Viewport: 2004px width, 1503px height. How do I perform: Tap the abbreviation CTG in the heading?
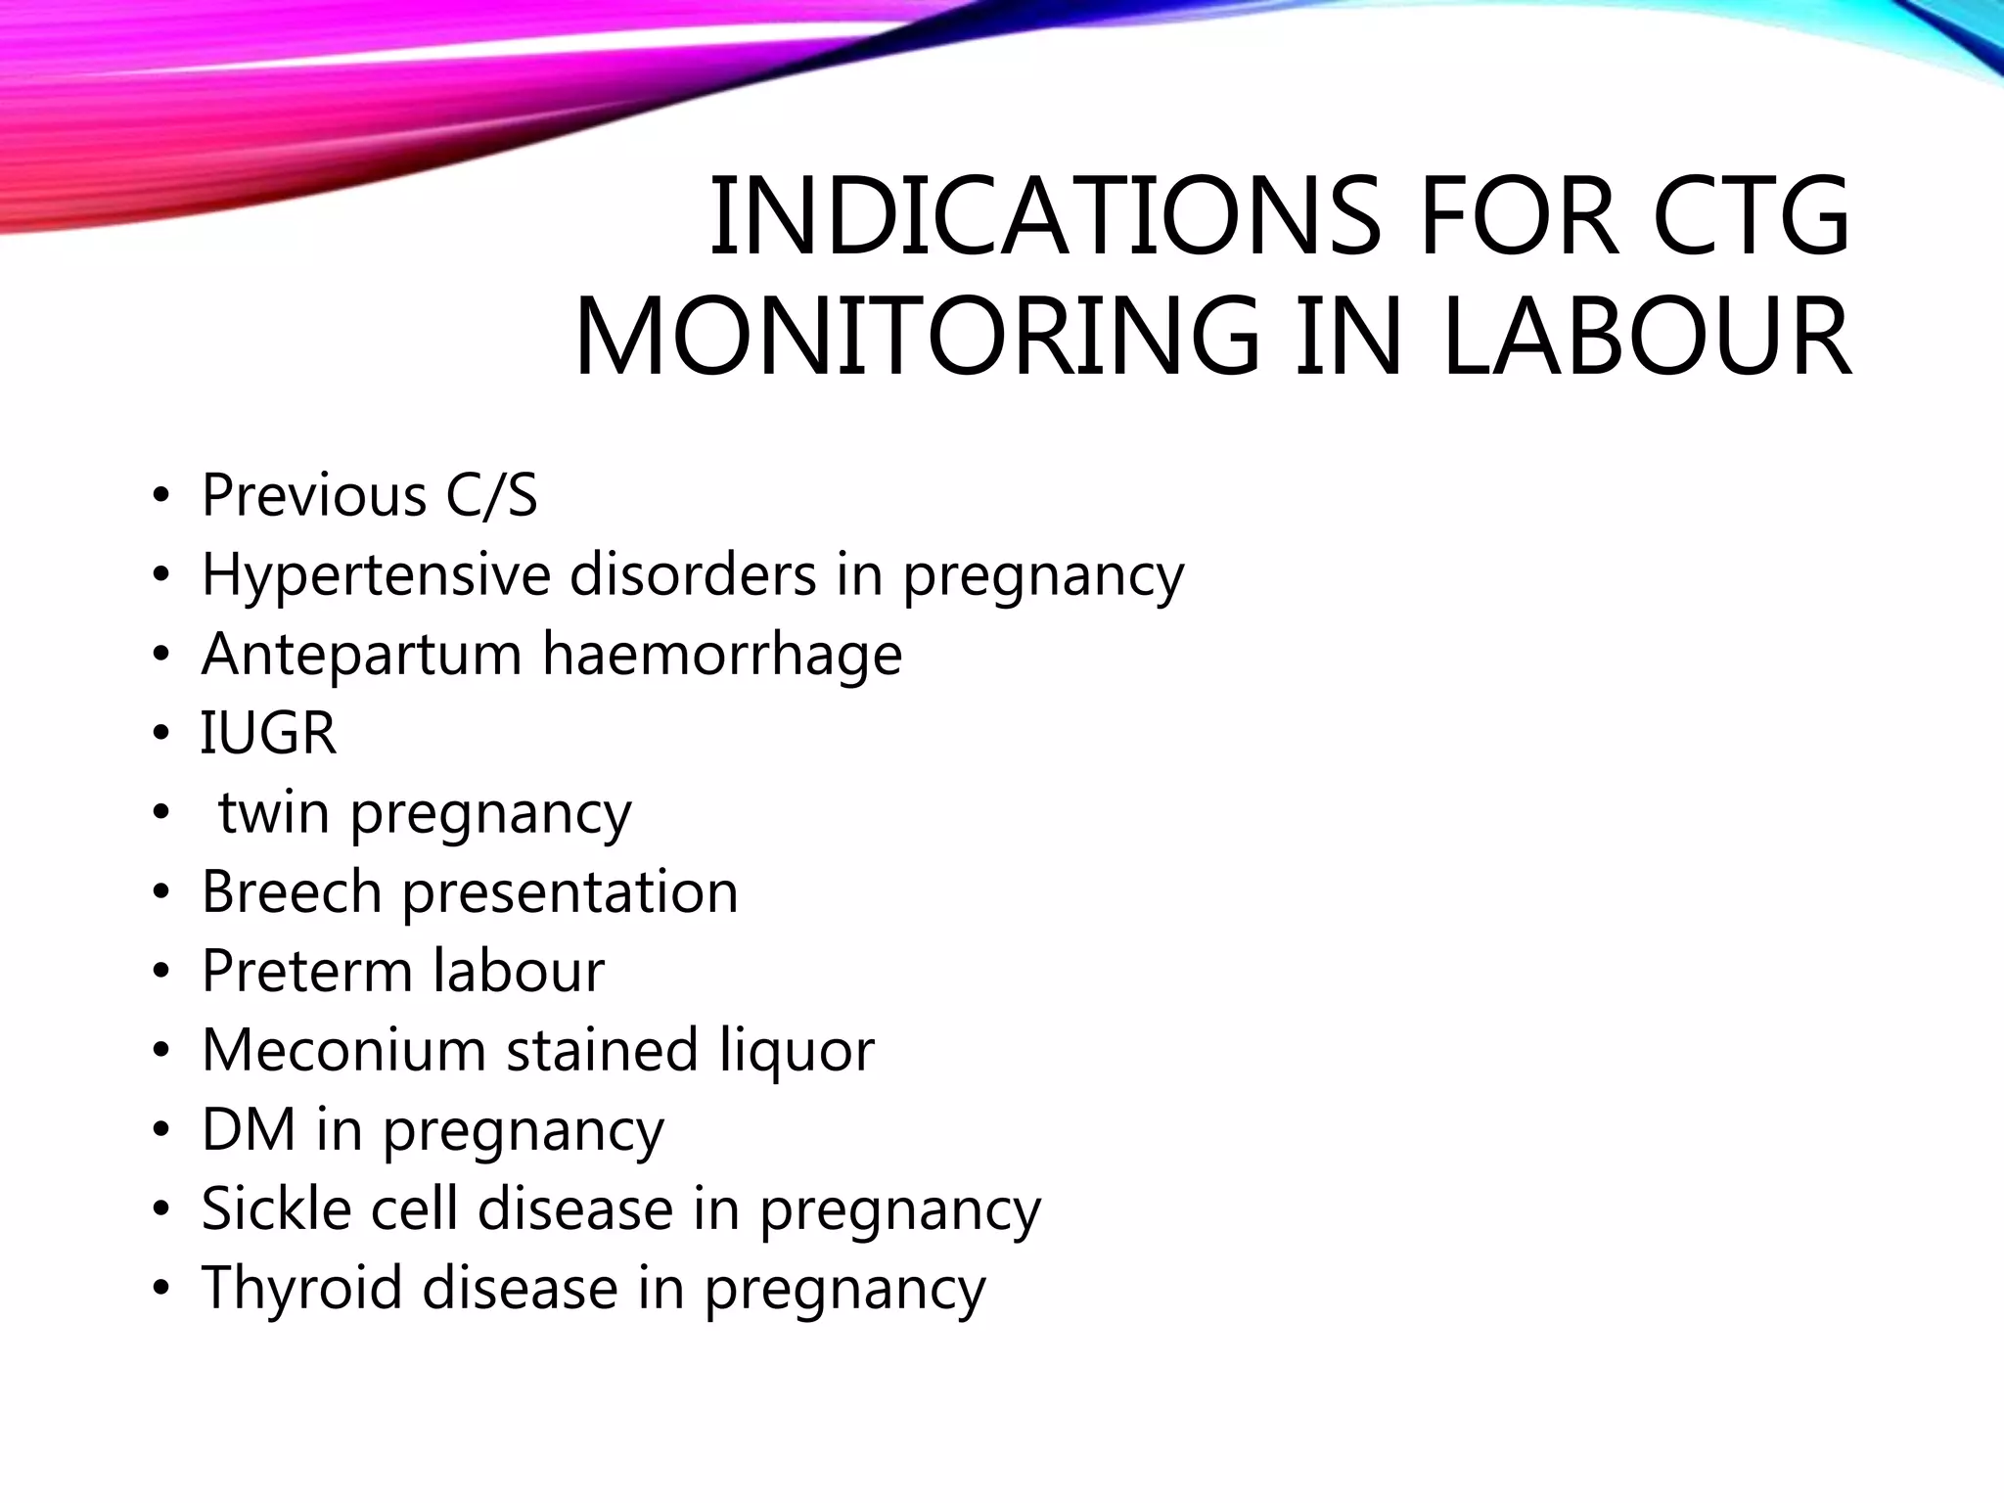click(1751, 217)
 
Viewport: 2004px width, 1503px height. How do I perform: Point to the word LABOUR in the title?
click(1646, 337)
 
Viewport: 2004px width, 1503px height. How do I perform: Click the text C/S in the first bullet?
click(491, 495)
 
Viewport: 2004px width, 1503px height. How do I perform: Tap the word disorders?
click(693, 574)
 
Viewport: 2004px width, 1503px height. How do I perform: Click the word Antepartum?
click(361, 655)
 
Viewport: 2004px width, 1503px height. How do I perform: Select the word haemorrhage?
click(722, 654)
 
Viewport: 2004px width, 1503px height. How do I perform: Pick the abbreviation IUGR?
click(268, 733)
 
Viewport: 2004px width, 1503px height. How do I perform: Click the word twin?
click(274, 812)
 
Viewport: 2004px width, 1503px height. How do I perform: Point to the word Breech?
click(292, 891)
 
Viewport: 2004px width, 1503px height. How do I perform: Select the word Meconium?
click(343, 1050)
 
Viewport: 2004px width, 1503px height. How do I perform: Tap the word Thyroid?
click(302, 1289)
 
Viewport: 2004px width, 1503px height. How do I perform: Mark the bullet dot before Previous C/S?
click(160, 497)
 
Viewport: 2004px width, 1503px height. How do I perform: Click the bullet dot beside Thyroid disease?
click(160, 1289)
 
